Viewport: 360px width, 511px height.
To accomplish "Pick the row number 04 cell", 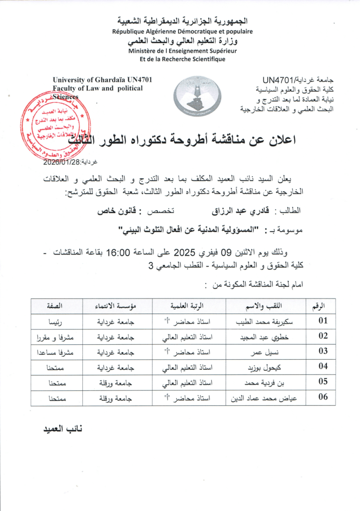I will pyautogui.click(x=323, y=366).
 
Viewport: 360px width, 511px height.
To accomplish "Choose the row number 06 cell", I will pyautogui.click(x=323, y=397).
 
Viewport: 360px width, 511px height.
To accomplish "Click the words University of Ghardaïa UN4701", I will pyautogui.click(x=102, y=80).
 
